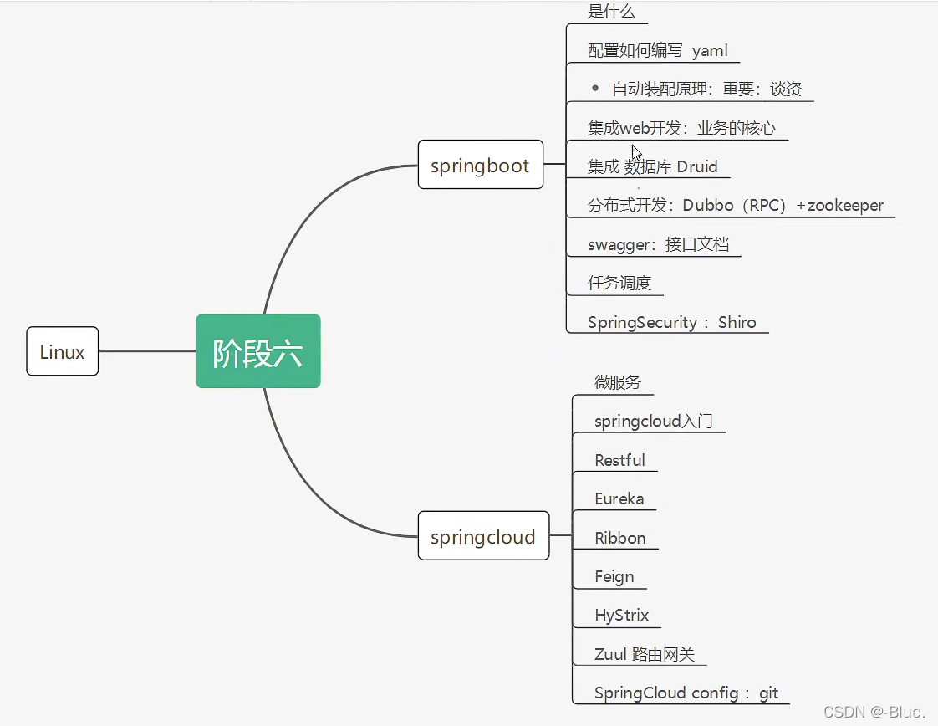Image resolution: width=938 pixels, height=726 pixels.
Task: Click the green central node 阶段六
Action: tap(258, 351)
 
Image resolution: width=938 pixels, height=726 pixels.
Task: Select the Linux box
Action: tap(63, 351)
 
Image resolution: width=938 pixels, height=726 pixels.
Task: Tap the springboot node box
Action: tap(480, 165)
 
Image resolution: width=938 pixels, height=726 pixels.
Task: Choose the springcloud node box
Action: tap(483, 536)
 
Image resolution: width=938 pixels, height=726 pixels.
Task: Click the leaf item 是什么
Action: tap(611, 12)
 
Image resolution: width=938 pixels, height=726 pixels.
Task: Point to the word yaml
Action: tap(710, 51)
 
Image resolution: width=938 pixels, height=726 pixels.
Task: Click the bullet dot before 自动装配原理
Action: tap(595, 88)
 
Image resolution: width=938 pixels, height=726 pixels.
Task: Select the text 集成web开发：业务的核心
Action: tap(681, 128)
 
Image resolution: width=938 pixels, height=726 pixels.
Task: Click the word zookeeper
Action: tap(845, 205)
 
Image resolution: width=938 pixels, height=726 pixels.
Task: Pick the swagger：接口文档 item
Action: tap(659, 244)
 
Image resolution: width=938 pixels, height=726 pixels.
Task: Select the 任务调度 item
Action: tap(619, 283)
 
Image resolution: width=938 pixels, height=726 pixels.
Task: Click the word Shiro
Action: tap(737, 322)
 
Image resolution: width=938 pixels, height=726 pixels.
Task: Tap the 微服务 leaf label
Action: tap(618, 382)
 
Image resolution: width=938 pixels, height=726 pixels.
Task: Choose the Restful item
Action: tap(619, 460)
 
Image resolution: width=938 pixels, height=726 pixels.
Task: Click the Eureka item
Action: tap(619, 498)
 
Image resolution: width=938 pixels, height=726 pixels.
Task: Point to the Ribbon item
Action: tap(619, 538)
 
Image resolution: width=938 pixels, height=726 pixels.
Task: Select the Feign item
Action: tap(614, 576)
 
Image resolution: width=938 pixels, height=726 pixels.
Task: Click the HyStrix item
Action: tap(621, 615)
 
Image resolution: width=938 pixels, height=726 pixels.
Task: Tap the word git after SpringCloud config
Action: tap(768, 693)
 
